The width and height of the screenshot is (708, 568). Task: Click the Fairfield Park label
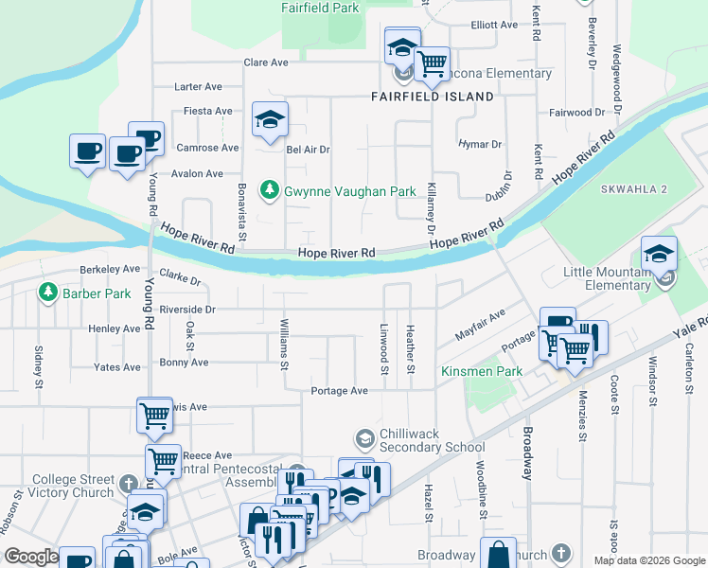click(321, 8)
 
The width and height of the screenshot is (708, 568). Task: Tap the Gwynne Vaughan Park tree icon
click(272, 191)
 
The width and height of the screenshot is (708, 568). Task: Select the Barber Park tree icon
click(48, 293)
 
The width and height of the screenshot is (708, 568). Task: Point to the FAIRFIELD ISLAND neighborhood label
click(432, 97)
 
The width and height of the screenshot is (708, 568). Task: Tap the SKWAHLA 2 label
click(634, 189)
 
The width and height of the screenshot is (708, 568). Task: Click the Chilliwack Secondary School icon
click(364, 439)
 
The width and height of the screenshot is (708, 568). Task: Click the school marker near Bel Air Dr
click(270, 119)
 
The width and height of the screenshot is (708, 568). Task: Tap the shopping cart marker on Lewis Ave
click(154, 414)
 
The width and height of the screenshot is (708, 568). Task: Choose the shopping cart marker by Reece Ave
click(163, 461)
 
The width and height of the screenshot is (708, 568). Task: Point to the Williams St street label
click(284, 346)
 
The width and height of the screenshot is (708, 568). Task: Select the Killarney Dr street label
click(431, 208)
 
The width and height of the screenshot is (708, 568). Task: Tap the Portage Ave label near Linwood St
click(340, 391)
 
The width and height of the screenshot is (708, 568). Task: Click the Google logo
click(30, 558)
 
